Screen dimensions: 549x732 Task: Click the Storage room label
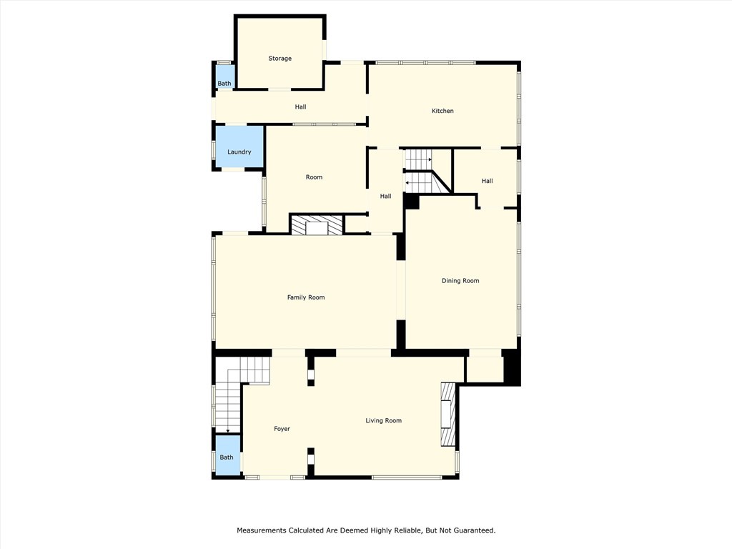tap(280, 59)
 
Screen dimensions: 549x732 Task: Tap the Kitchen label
tap(442, 111)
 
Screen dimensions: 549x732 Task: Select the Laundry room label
tap(239, 152)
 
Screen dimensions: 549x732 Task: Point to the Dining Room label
tap(460, 281)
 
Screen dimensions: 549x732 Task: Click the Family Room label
tap(306, 297)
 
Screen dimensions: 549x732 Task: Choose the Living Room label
tap(384, 420)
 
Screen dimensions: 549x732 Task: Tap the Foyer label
tap(282, 429)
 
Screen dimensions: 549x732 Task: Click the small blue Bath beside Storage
tap(224, 84)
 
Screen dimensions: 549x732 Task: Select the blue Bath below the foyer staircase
tap(227, 457)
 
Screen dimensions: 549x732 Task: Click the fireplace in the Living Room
tap(447, 415)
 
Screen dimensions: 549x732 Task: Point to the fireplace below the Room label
tap(316, 225)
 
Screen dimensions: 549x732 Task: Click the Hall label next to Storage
tap(300, 107)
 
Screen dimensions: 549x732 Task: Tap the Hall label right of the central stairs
tap(487, 181)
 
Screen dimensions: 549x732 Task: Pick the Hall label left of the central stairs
tap(385, 196)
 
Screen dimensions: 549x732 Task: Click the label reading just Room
tap(314, 177)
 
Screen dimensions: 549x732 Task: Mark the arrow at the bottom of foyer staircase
tap(227, 430)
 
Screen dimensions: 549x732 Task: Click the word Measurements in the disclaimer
tap(261, 530)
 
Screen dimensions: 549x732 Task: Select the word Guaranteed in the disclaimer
tap(473, 530)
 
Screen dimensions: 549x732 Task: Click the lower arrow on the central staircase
tap(407, 183)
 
